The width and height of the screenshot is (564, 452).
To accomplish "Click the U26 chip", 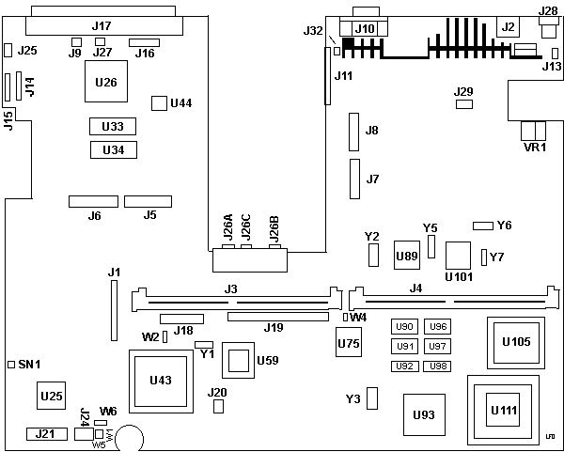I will pyautogui.click(x=106, y=83).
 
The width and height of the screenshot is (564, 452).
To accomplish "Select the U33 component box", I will pyautogui.click(x=113, y=126).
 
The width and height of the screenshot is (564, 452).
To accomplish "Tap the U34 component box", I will pyautogui.click(x=113, y=149).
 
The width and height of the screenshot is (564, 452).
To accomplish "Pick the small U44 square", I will pyautogui.click(x=159, y=101).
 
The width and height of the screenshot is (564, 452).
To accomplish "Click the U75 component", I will pyautogui.click(x=349, y=345).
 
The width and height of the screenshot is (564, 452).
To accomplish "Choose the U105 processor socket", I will pyautogui.click(x=516, y=342).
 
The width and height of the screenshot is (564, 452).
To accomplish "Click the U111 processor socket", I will pyautogui.click(x=506, y=410).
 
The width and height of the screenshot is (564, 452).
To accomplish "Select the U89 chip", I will pyautogui.click(x=406, y=255).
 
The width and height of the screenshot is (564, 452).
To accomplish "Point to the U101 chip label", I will pyautogui.click(x=459, y=277).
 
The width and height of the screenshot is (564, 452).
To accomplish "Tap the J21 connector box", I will pyautogui.click(x=45, y=434).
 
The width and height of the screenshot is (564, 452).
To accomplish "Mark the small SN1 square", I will pyautogui.click(x=10, y=364).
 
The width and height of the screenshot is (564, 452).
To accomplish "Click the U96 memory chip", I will pyautogui.click(x=437, y=327).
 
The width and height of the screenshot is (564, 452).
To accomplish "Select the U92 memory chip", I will pyautogui.click(x=404, y=366).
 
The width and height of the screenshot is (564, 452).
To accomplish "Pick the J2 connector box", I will pyautogui.click(x=509, y=27).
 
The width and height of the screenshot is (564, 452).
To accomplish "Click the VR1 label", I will pyautogui.click(x=534, y=147).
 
